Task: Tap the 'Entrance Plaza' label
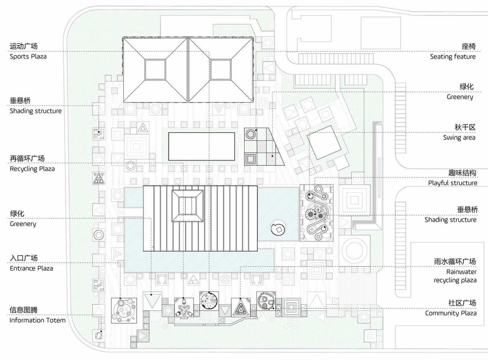coord(31,268)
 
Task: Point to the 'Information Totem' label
coord(37,320)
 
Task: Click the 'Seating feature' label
coord(453,57)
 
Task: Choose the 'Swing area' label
coord(459,138)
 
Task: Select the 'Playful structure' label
coord(452,183)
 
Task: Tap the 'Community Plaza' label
coord(451,313)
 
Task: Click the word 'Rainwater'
coord(461,272)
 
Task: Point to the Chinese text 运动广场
coord(24,46)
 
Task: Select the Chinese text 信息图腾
coord(24,310)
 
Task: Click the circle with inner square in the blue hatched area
coord(278,229)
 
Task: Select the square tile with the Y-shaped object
coord(184,307)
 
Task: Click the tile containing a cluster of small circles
coord(124,310)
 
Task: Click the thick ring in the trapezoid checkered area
coord(250,134)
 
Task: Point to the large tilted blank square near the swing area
coord(324,144)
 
